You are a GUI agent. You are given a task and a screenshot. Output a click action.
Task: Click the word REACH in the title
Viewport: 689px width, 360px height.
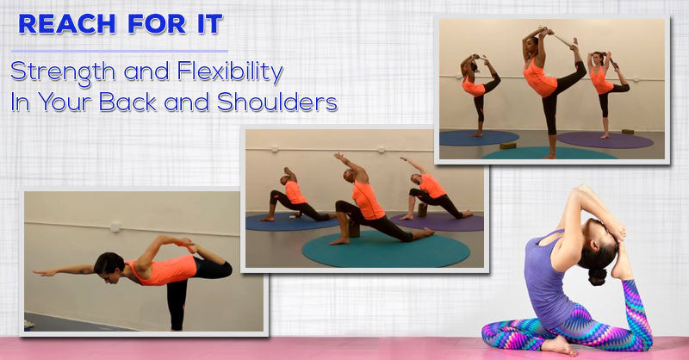point(61,24)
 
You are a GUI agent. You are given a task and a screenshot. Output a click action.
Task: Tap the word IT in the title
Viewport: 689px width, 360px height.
point(202,24)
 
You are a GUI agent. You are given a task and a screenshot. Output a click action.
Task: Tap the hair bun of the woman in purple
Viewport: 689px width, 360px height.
point(596,276)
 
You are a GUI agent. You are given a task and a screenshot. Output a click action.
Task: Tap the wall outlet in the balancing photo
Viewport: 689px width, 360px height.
point(114,227)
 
